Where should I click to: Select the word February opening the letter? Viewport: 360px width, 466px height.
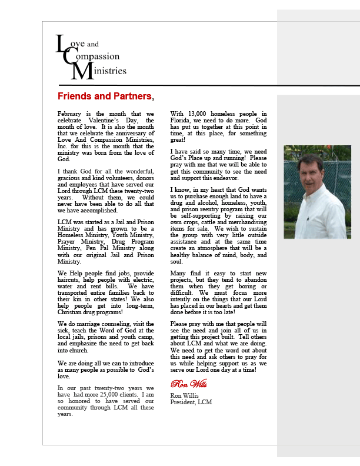tap(71, 114)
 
